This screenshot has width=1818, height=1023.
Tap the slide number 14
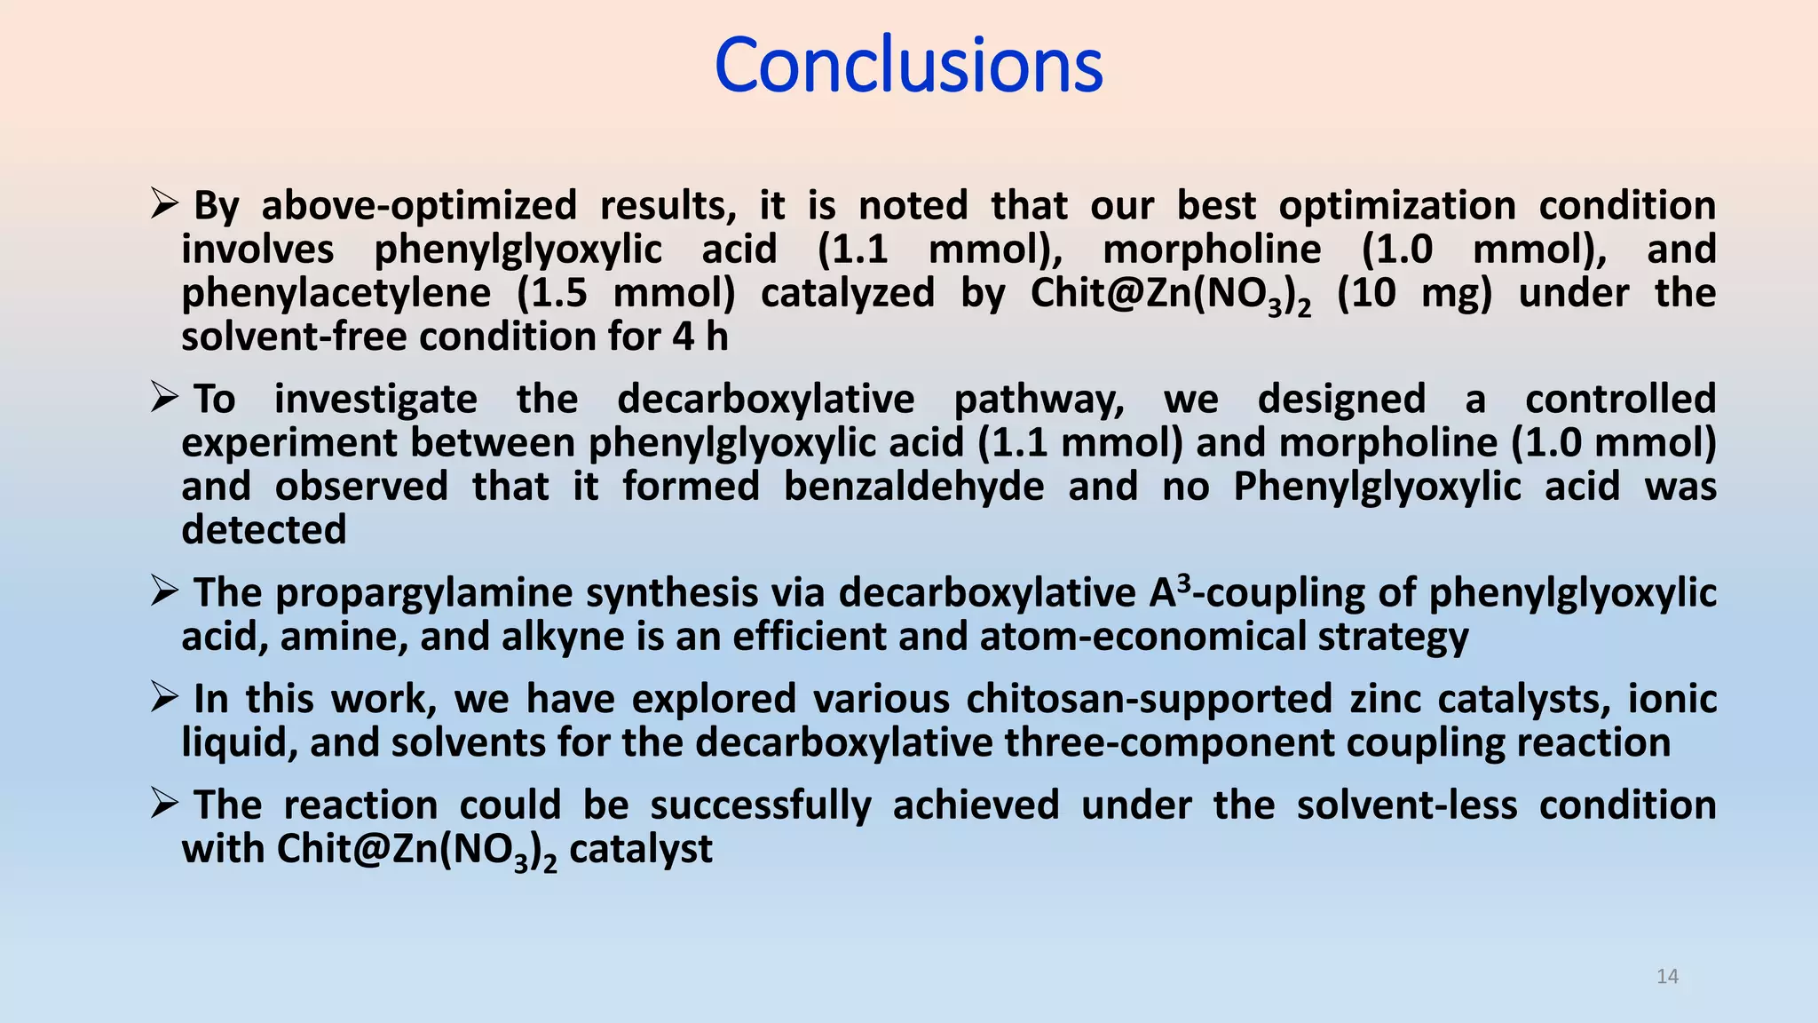(1667, 977)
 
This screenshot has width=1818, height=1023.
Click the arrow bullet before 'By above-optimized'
(165, 205)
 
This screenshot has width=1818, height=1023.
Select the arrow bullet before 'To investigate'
(165, 398)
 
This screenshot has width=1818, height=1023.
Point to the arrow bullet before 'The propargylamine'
(165, 591)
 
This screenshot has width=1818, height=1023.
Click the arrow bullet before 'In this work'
(165, 698)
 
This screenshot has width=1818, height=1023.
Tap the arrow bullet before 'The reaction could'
(165, 804)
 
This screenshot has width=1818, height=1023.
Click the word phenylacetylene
(336, 294)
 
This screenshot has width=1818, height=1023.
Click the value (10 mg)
(1414, 294)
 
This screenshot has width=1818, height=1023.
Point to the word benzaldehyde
(913, 487)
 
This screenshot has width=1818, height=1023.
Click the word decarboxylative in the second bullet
(765, 399)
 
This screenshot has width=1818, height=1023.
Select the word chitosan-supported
(1149, 699)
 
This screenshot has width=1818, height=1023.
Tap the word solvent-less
(1406, 805)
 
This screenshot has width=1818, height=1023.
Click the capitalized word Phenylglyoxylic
(1377, 487)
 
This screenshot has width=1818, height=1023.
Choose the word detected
(264, 530)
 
